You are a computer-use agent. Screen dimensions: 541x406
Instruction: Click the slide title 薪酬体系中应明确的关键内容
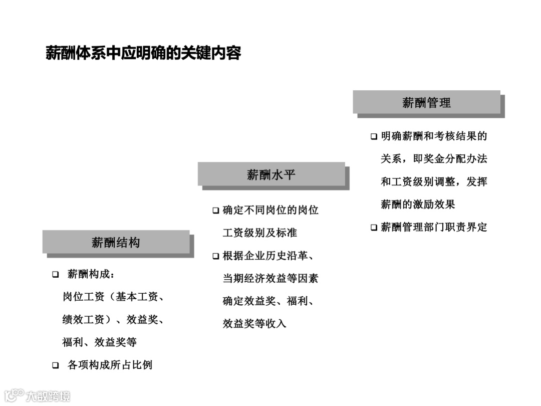[x=143, y=53]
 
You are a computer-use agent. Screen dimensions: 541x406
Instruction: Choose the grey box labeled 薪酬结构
[x=116, y=243]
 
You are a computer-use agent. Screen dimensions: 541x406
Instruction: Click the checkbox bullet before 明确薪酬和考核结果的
[x=374, y=137]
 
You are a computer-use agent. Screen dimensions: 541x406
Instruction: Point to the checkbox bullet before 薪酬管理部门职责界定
[x=374, y=228]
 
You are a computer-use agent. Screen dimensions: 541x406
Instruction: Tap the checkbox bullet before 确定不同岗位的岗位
[x=215, y=211]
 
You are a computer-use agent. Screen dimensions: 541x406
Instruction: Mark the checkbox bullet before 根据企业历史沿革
[x=215, y=257]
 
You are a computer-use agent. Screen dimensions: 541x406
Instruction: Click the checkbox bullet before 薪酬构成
[x=56, y=275]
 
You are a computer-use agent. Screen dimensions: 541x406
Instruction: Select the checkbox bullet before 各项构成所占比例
[x=56, y=365]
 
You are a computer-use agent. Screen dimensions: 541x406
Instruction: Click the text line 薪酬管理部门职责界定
[x=434, y=227]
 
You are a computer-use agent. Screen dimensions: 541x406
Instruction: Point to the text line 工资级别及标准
[x=259, y=233]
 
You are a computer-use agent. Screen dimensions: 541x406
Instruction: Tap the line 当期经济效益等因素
[x=270, y=278]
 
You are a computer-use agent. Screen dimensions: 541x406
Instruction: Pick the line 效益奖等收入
[x=254, y=324]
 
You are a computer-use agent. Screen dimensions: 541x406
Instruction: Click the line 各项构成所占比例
[x=110, y=365]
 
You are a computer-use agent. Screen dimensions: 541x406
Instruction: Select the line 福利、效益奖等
[x=99, y=342]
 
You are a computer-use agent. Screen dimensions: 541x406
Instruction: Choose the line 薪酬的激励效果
[x=418, y=205]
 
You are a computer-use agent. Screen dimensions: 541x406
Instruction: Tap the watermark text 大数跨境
[x=48, y=396]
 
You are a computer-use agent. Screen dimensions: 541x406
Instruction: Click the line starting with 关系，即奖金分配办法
[x=434, y=159]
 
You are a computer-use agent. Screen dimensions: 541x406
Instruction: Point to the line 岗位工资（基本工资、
[x=113, y=297]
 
